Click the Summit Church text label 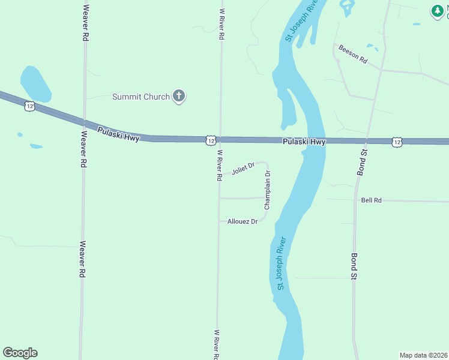[x=141, y=97]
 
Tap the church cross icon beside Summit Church [x=178, y=96]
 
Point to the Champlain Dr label [x=267, y=190]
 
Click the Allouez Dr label [x=243, y=221]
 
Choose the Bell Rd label [x=372, y=200]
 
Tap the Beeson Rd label [x=352, y=55]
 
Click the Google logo [x=20, y=353]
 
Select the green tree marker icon [x=437, y=10]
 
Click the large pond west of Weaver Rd [x=35, y=84]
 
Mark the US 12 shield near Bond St [x=397, y=142]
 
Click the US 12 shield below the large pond [x=29, y=106]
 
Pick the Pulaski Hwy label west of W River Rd [x=118, y=133]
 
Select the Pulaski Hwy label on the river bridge [x=304, y=142]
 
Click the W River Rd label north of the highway [x=221, y=24]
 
